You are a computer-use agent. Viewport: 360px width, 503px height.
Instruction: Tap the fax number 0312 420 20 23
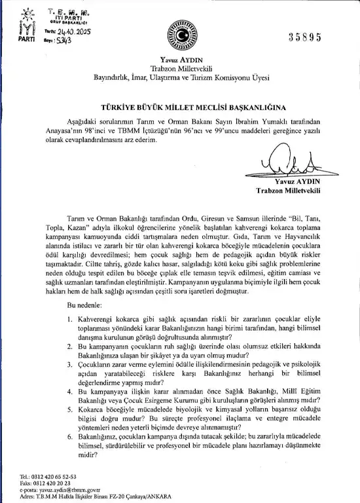pyautogui.click(x=54, y=482)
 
